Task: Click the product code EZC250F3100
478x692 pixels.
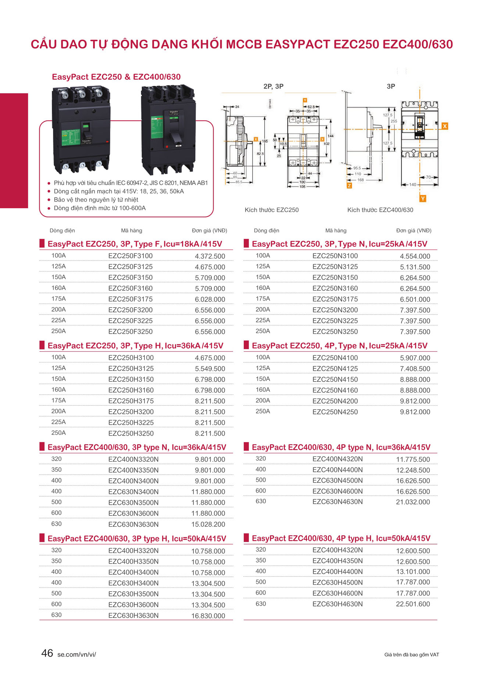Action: [130, 256]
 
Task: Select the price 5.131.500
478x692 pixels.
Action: [415, 267]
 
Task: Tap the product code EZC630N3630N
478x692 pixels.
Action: [133, 524]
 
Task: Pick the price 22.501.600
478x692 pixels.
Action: [413, 604]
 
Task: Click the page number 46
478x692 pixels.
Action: [47, 653]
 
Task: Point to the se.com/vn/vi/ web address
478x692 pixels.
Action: [76, 655]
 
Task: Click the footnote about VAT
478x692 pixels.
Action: [411, 655]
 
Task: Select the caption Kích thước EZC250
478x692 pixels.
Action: [271, 210]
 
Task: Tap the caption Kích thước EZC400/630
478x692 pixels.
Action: [380, 210]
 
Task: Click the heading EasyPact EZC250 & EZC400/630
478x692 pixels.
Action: [116, 77]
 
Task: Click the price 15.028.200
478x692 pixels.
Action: [208, 524]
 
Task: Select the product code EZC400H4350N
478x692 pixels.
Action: [337, 561]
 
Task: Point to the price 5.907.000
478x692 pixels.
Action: [415, 358]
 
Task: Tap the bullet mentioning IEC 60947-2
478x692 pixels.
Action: [131, 183]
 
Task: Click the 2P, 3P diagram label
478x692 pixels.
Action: [273, 86]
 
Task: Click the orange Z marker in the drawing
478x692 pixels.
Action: [349, 186]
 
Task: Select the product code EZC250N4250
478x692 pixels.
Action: [335, 412]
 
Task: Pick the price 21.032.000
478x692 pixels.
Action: [413, 502]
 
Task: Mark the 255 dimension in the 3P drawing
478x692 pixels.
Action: [393, 121]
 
